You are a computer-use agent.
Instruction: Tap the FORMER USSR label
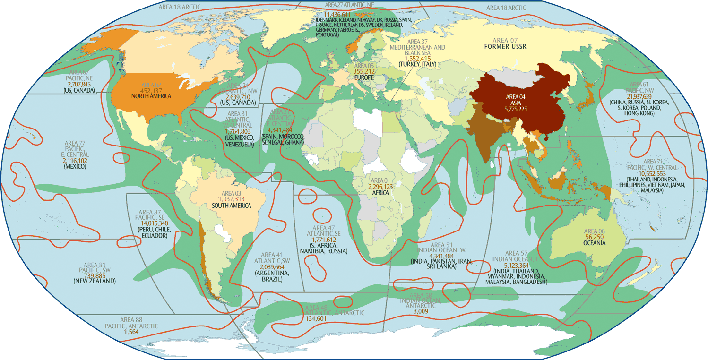click(505, 47)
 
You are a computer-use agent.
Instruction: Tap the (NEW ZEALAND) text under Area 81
click(95, 281)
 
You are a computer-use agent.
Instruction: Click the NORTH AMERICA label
click(151, 96)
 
